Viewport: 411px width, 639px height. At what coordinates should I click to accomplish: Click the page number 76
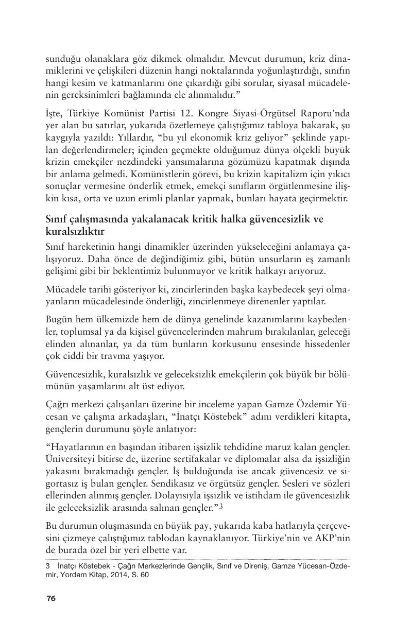(x=50, y=598)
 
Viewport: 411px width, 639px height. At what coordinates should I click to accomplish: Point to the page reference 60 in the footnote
(x=144, y=576)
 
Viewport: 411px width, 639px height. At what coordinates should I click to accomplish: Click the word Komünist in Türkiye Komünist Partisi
(x=123, y=114)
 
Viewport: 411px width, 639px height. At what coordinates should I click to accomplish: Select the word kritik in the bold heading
(x=224, y=219)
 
